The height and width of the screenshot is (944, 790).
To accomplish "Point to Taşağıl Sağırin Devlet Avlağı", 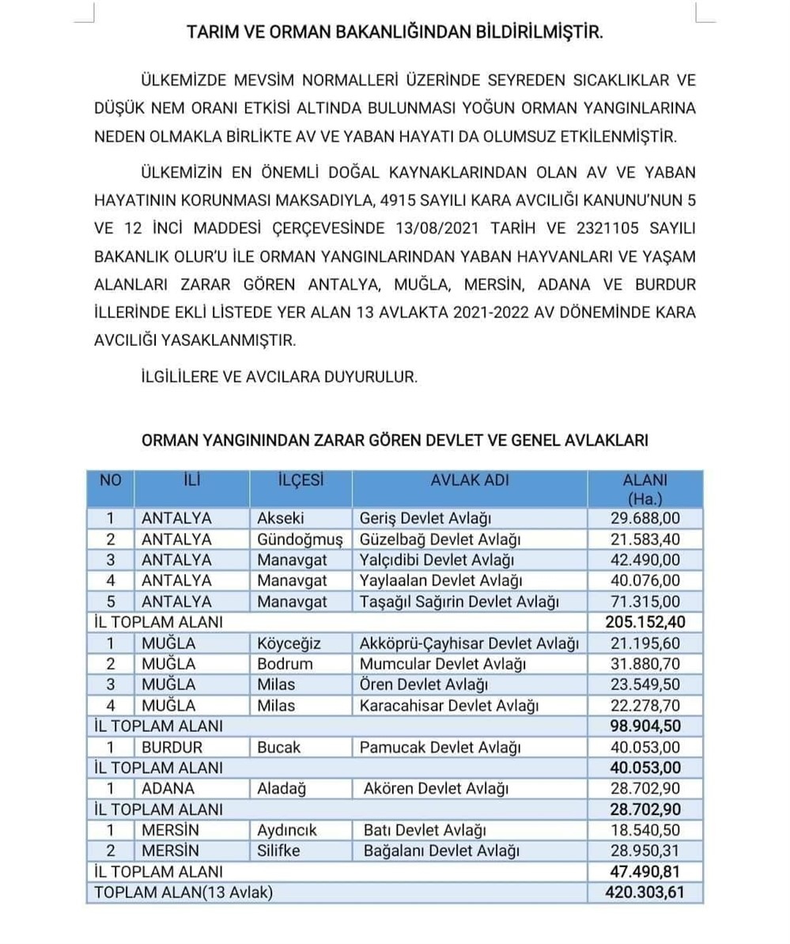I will [x=459, y=601].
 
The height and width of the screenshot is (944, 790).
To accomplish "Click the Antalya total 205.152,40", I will [x=645, y=622].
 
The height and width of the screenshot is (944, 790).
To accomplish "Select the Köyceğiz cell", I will [x=289, y=643].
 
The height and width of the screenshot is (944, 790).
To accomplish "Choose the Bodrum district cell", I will [x=285, y=663].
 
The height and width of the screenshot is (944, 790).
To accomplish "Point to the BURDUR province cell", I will [x=172, y=747].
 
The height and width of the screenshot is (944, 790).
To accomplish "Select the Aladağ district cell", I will [x=282, y=788].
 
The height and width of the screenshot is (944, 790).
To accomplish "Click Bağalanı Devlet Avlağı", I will [x=440, y=851].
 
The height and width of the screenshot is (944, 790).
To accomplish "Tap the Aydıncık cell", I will [x=287, y=830].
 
